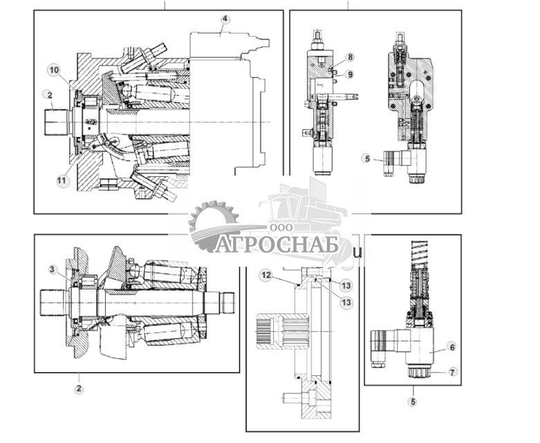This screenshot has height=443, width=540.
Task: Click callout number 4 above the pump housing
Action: coord(224,19)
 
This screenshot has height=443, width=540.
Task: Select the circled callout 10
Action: coord(54,70)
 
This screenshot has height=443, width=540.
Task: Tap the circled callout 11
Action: coord(63,180)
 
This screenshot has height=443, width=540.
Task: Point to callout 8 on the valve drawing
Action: coord(350,57)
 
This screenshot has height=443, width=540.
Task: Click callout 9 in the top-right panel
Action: coord(350,74)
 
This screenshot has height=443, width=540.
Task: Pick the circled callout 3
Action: coord(53,269)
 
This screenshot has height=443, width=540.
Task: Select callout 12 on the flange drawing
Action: coord(266,275)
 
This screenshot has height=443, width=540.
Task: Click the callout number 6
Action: coord(451,347)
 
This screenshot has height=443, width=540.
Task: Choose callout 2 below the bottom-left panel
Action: coord(79,389)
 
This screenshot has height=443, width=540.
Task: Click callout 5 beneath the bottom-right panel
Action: coord(413,401)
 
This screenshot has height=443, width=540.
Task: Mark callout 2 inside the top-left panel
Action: coord(48,94)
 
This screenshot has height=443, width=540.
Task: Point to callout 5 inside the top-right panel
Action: coord(366,158)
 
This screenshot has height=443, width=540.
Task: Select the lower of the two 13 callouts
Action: coord(346,302)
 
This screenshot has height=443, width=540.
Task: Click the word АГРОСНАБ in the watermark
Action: coord(277,245)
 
